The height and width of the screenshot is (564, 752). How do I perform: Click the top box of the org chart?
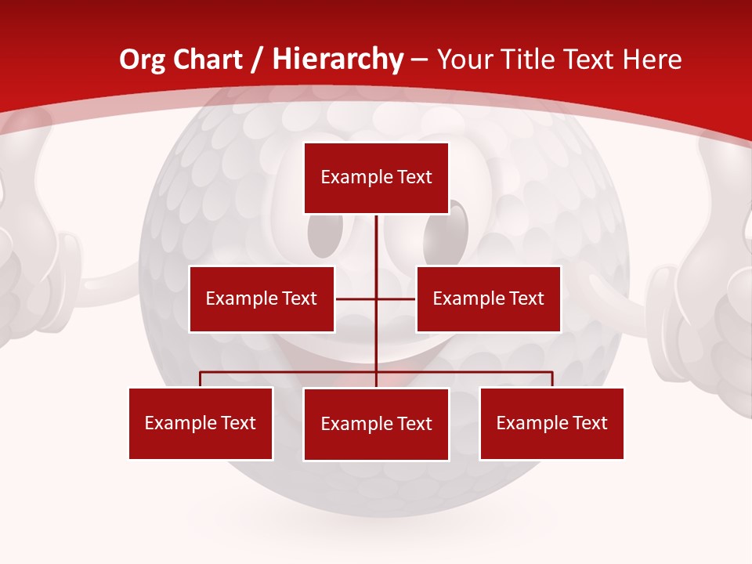pyautogui.click(x=376, y=178)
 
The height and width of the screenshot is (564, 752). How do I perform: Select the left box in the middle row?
pyautogui.click(x=262, y=298)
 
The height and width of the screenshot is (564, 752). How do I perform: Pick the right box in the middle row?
pyautogui.click(x=488, y=298)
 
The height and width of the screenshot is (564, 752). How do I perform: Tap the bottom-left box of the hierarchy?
pyautogui.click(x=201, y=423)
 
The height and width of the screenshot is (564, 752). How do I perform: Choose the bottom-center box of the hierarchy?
pyautogui.click(x=376, y=424)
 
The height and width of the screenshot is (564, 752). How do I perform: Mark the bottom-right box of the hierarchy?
pyautogui.click(x=551, y=423)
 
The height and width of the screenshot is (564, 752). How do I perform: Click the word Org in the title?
pyautogui.click(x=141, y=60)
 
